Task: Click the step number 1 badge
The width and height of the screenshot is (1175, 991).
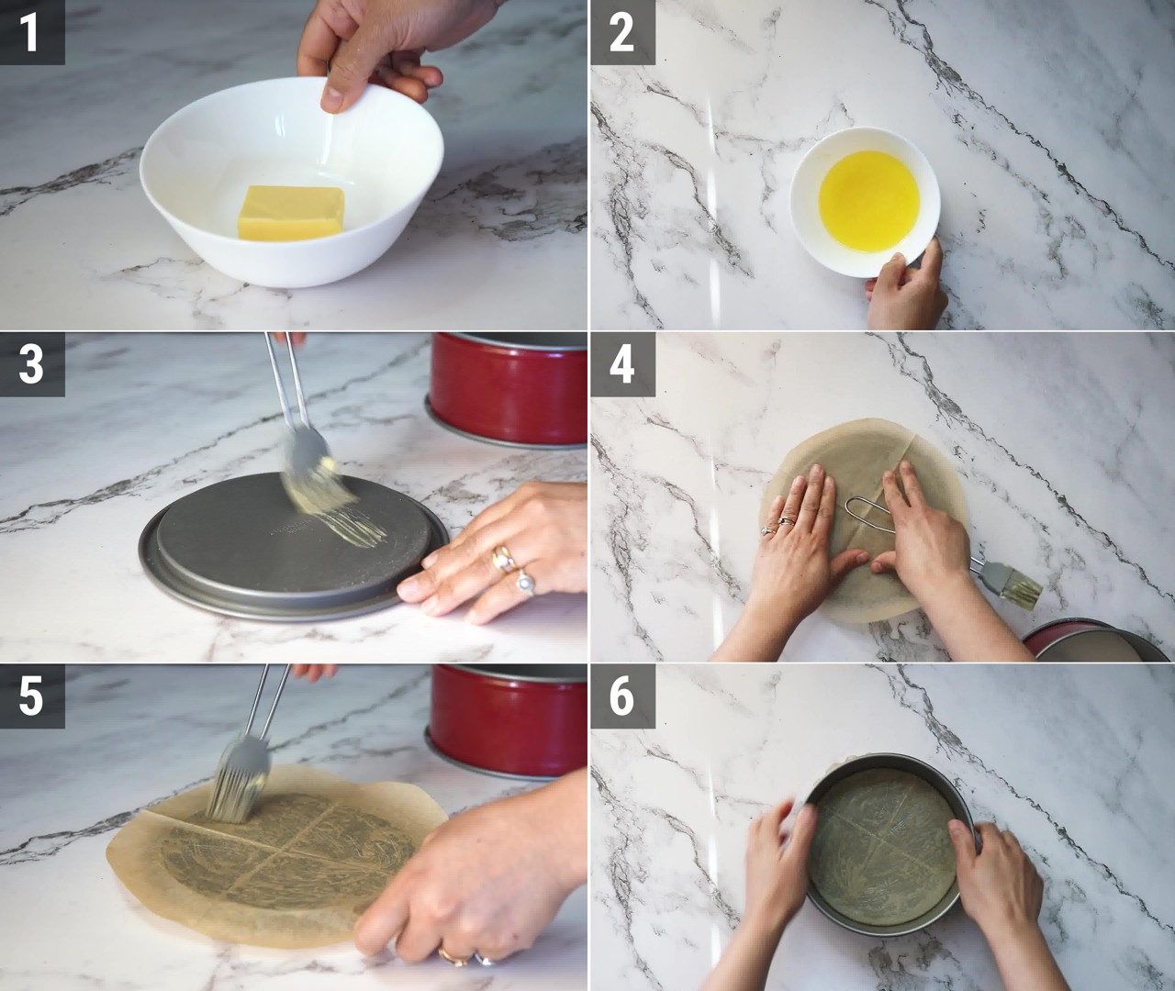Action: (x=32, y=32)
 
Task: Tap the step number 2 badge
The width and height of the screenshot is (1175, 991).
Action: (x=622, y=32)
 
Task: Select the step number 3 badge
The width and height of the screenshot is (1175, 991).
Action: (x=32, y=364)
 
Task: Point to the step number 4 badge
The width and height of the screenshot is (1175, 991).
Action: (x=622, y=364)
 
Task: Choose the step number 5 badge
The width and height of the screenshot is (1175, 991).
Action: (x=32, y=696)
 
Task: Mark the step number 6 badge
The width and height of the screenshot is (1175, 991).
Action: (x=622, y=696)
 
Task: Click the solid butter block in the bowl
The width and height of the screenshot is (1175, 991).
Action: (x=292, y=213)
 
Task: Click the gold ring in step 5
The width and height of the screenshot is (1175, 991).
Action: (x=453, y=956)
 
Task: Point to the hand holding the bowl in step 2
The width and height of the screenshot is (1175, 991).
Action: (x=906, y=287)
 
